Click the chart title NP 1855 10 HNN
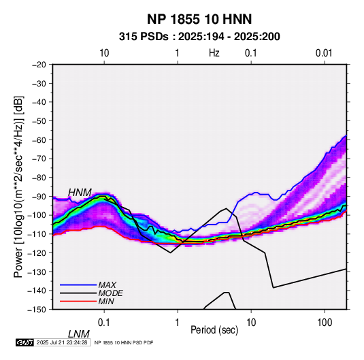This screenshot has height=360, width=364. click(x=199, y=19)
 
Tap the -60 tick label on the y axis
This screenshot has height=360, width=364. click(x=39, y=140)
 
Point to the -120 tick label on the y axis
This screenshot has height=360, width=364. click(x=37, y=252)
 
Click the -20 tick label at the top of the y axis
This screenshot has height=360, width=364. click(x=39, y=65)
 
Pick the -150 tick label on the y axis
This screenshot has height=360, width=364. click(x=37, y=309)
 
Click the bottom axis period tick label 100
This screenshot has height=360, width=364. click(x=325, y=323)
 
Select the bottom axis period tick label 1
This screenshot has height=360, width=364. click(x=177, y=323)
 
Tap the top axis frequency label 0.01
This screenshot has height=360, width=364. click(x=324, y=53)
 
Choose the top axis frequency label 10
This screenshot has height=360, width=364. click(x=104, y=53)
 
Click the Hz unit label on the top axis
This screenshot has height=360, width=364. click(x=214, y=53)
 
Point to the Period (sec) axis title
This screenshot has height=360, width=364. click(x=214, y=330)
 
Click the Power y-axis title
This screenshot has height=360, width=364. click(x=18, y=186)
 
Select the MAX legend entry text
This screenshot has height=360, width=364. click(x=107, y=284)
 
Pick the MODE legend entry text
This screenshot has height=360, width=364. click(x=110, y=293)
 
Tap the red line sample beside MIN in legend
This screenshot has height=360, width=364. click(x=78, y=301)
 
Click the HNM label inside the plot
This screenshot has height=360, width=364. click(x=80, y=193)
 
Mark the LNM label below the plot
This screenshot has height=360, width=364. click(x=78, y=334)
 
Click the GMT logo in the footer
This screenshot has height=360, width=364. click(x=24, y=342)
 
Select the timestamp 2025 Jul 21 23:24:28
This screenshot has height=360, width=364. click(x=62, y=342)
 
